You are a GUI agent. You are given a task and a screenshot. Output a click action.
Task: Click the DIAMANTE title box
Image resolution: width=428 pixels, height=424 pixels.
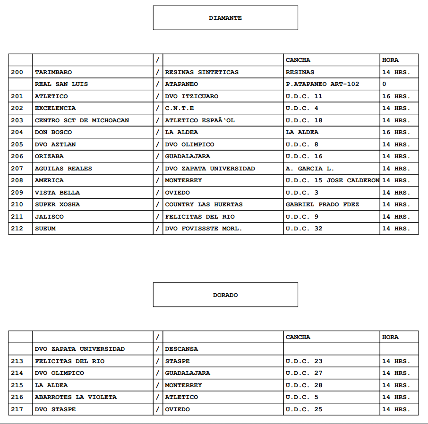(x=225, y=18)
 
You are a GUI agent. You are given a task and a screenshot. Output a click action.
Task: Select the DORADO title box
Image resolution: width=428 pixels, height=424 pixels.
(x=225, y=295)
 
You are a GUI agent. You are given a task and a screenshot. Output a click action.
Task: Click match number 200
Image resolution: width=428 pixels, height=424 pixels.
(x=17, y=72)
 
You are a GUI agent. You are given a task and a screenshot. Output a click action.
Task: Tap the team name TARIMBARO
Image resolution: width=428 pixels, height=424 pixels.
(x=53, y=72)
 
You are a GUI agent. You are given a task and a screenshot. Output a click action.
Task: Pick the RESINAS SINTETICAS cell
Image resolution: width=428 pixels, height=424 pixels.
(x=202, y=72)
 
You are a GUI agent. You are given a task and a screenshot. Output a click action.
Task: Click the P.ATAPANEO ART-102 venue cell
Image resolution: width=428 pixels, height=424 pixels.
(x=322, y=84)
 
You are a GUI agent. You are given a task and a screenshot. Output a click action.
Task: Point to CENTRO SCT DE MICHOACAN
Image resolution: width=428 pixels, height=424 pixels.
(x=82, y=120)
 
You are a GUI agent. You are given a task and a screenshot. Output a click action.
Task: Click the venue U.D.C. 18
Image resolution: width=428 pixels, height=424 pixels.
(x=304, y=120)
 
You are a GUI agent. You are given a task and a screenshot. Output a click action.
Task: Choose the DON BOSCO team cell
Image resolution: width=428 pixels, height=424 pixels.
(x=53, y=132)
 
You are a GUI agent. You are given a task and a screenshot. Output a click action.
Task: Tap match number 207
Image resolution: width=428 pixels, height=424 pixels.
(x=17, y=169)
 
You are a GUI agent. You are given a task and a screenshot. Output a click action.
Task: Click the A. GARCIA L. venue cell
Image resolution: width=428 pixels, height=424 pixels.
(x=310, y=169)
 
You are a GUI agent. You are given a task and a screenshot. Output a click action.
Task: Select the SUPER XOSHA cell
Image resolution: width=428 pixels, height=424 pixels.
(x=57, y=204)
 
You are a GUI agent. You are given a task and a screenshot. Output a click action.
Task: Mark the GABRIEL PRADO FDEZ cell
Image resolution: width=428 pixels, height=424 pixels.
(x=322, y=204)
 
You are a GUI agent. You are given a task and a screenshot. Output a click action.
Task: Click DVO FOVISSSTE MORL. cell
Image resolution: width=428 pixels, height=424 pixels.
(x=203, y=229)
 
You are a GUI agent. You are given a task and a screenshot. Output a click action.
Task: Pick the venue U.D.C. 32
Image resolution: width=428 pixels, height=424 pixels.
(x=304, y=229)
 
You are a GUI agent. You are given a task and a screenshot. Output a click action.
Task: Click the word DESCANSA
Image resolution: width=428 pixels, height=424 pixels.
(x=181, y=349)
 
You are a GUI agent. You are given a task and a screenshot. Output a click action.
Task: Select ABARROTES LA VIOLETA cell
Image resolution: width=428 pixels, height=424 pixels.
(x=76, y=397)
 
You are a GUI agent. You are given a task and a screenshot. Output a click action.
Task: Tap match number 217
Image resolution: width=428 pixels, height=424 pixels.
(x=17, y=409)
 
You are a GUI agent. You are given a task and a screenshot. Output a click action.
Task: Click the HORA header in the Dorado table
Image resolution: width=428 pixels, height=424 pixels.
(x=390, y=337)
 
